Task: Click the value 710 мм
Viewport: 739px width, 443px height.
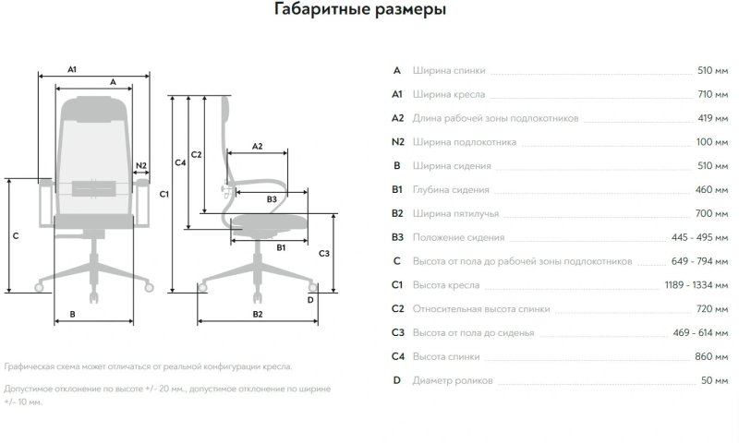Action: coord(712,94)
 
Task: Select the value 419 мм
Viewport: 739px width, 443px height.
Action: coord(712,118)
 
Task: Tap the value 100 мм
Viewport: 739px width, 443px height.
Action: coord(712,142)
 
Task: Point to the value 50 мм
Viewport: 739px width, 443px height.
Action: coord(715,380)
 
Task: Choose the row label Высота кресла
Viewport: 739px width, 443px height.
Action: coord(445,285)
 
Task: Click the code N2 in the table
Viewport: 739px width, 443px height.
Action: coord(397,142)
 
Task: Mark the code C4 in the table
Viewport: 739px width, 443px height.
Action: coord(397,356)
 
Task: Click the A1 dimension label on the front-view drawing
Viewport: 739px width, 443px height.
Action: coord(72,69)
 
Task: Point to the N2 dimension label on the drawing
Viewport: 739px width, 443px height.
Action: coord(140,166)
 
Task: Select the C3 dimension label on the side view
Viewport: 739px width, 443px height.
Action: coord(323,252)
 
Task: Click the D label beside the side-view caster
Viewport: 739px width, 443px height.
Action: coord(310,299)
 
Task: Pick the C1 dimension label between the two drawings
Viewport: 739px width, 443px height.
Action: coord(163,194)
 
